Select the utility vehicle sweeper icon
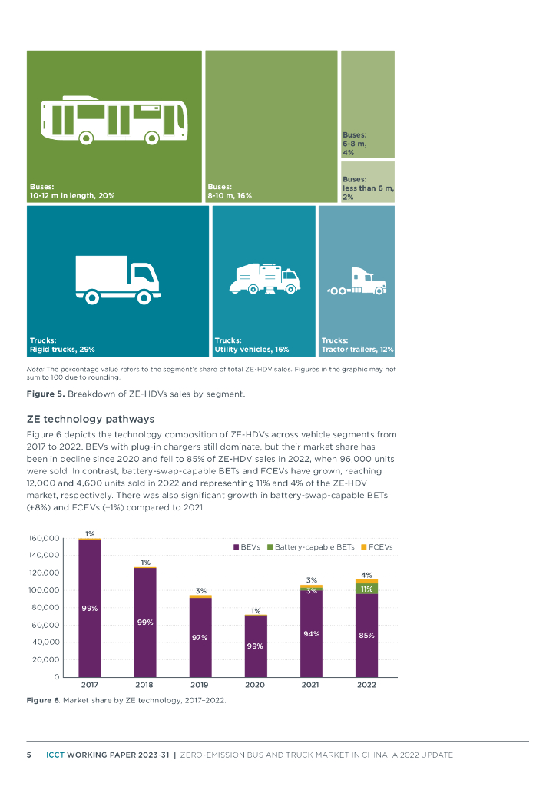(263, 278)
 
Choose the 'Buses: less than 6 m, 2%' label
(368, 188)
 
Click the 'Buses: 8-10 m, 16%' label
(230, 191)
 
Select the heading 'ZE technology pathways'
(91, 419)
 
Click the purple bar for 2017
(90, 607)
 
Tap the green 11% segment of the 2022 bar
(366, 589)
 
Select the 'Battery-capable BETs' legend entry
(309, 547)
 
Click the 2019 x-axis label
(200, 684)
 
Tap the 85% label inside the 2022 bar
(366, 635)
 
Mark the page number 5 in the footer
(29, 755)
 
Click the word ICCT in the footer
(55, 755)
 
